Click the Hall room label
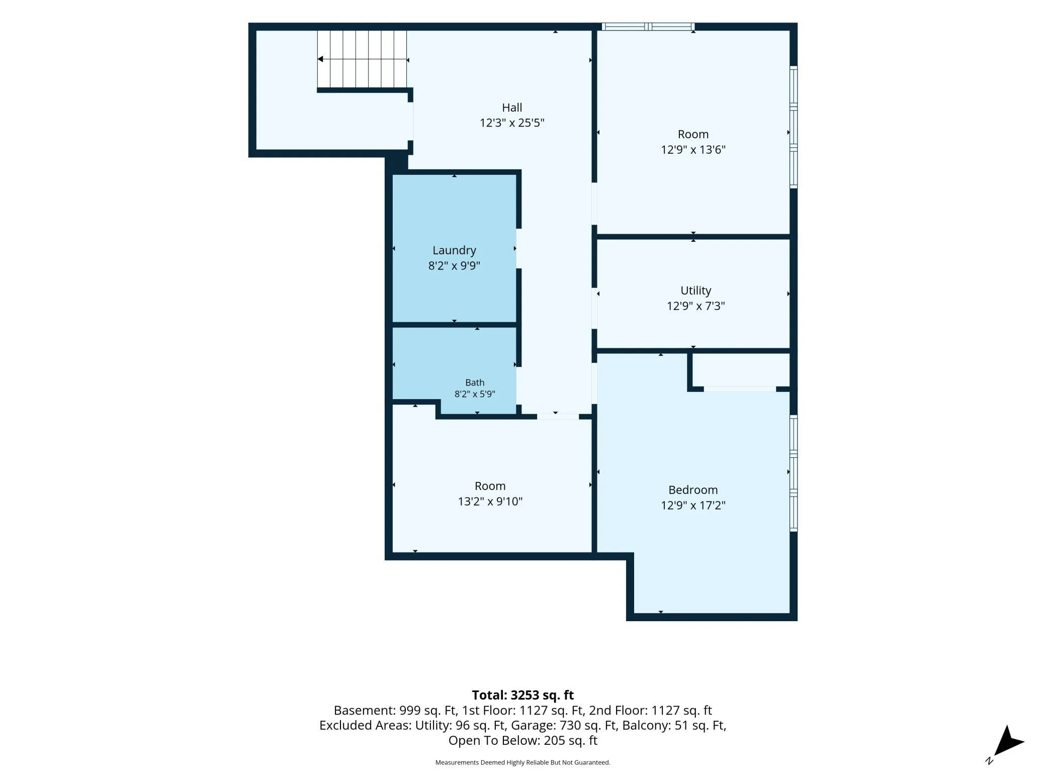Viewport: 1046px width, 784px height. pyautogui.click(x=512, y=108)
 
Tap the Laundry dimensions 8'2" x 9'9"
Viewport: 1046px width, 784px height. pyautogui.click(x=454, y=265)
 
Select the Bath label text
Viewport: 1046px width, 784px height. pyautogui.click(x=475, y=382)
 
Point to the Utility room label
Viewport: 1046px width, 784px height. pyautogui.click(x=695, y=291)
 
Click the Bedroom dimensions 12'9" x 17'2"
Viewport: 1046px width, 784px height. pyautogui.click(x=693, y=505)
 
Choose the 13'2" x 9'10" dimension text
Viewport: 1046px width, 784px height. pyautogui.click(x=490, y=501)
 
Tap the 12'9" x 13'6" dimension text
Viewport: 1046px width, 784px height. pyautogui.click(x=693, y=149)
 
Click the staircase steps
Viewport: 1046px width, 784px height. pyautogui.click(x=362, y=59)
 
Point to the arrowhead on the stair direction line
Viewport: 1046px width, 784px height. pyautogui.click(x=320, y=59)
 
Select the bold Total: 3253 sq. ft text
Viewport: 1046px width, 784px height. pyautogui.click(x=522, y=695)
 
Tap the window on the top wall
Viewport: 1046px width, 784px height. pyautogui.click(x=648, y=27)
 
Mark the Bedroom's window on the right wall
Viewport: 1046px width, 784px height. pyautogui.click(x=794, y=473)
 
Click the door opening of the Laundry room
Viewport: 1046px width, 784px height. pyautogui.click(x=518, y=248)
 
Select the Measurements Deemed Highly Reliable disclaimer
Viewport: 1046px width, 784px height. pyautogui.click(x=522, y=762)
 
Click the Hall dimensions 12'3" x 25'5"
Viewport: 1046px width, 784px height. pyautogui.click(x=512, y=123)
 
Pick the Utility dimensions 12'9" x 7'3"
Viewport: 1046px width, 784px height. pyautogui.click(x=695, y=306)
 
